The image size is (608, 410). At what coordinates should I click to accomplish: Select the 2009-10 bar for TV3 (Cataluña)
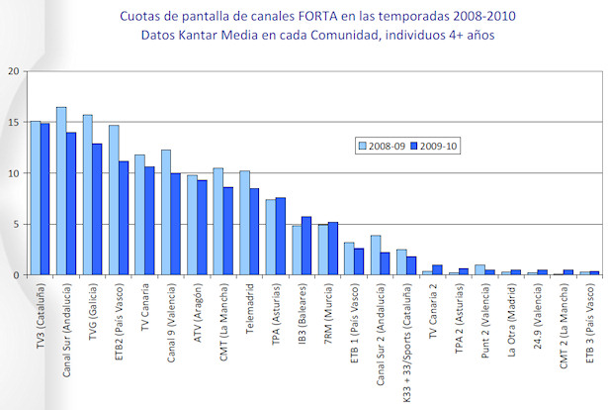pyautogui.click(x=45, y=199)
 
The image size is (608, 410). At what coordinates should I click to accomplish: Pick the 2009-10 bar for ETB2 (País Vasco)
pyautogui.click(x=124, y=218)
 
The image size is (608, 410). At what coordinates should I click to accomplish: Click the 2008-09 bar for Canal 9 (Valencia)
pyautogui.click(x=166, y=212)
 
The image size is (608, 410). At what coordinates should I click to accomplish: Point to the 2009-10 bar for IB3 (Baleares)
pyautogui.click(x=307, y=246)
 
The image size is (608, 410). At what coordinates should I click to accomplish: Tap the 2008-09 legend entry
pyautogui.click(x=381, y=146)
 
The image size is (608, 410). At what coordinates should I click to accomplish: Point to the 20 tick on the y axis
pyautogui.click(x=12, y=71)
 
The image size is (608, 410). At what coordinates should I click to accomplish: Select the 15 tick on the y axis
pyautogui.click(x=12, y=123)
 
